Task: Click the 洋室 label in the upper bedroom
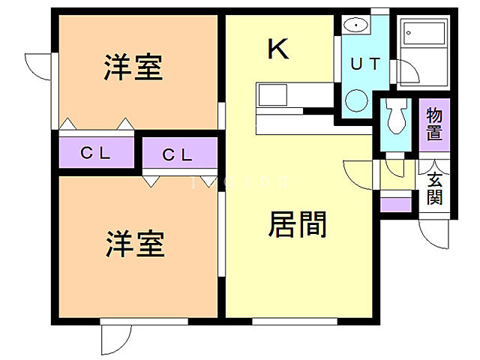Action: tap(133, 68)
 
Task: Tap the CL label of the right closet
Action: tap(178, 155)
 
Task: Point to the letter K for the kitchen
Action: tap(278, 49)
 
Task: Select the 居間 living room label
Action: tap(297, 224)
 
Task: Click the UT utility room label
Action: tap(365, 64)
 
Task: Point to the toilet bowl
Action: tap(394, 115)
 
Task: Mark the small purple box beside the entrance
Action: tap(395, 204)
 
